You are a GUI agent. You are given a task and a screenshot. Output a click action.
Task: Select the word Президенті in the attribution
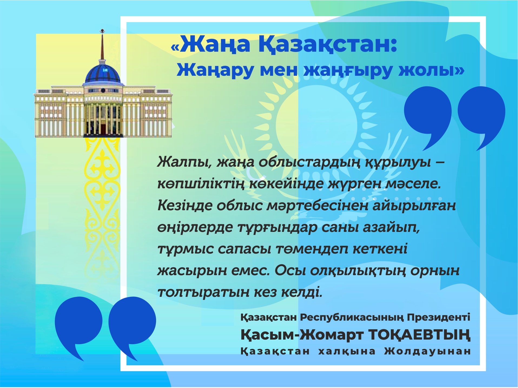coord(439,317)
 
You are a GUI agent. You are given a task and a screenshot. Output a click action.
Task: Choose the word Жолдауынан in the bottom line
coord(427,351)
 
